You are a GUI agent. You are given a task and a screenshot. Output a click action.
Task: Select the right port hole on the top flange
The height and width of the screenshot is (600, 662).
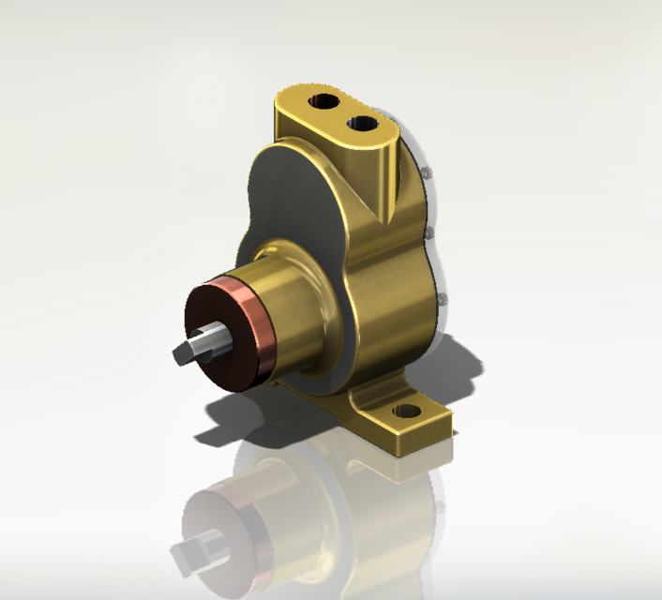pyautogui.click(x=359, y=123)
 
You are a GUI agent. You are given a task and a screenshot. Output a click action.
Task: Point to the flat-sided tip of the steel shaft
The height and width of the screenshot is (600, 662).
pyautogui.click(x=187, y=350)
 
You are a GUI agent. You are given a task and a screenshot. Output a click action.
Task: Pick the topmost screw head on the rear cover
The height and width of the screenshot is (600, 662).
pyautogui.click(x=425, y=173)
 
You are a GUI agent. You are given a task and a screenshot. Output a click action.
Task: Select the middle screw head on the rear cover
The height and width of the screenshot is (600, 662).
pyautogui.click(x=429, y=231)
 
